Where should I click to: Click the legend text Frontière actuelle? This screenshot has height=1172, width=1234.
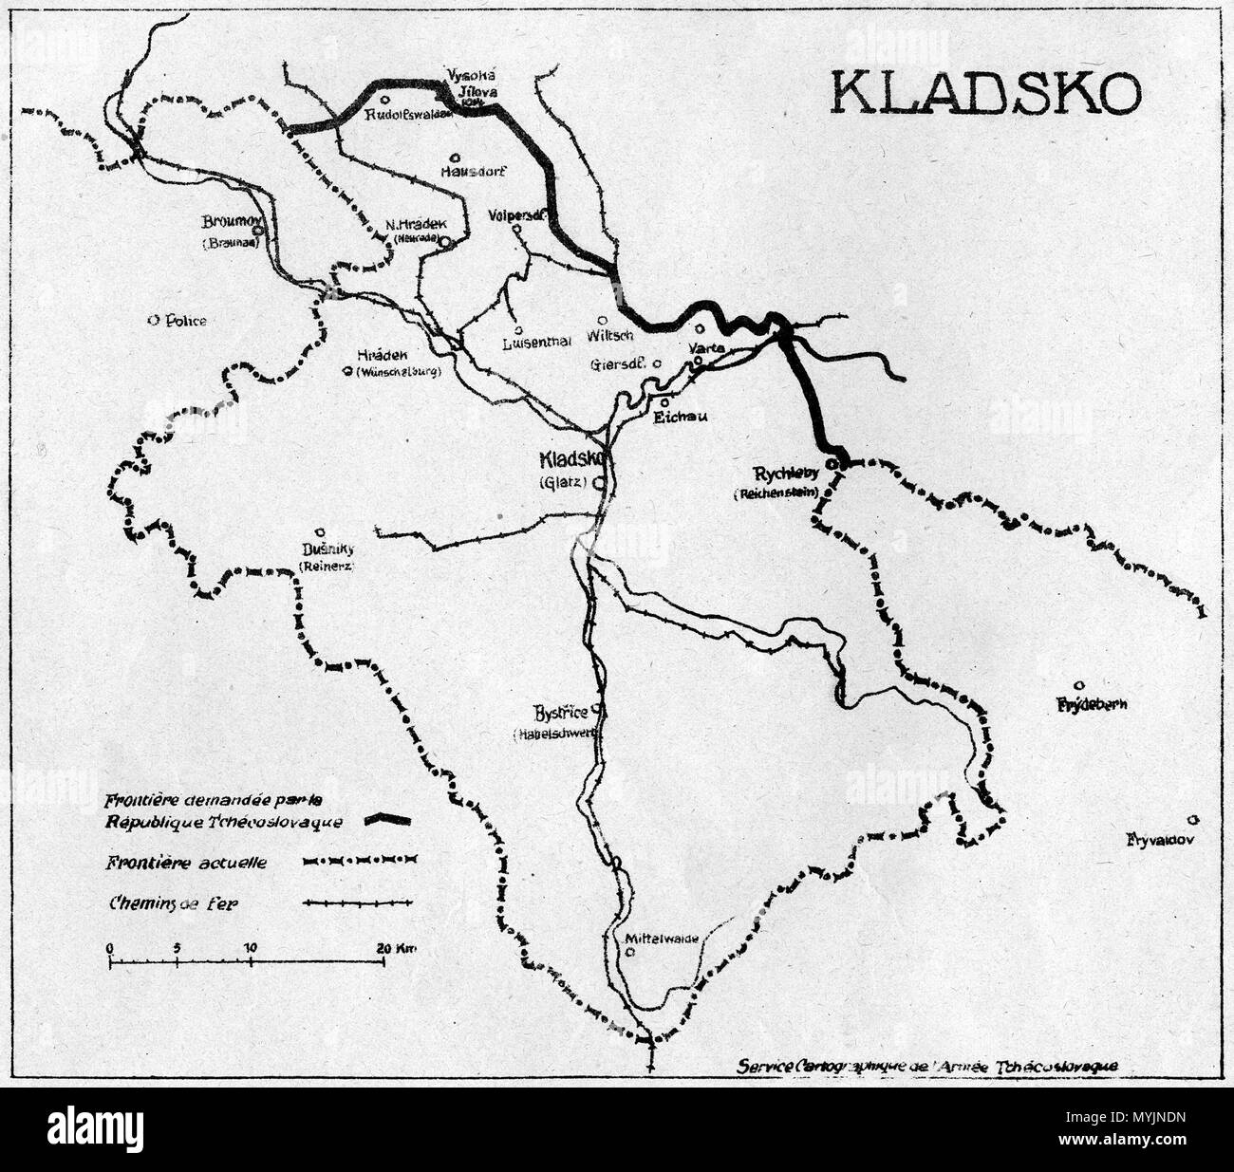(193, 863)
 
